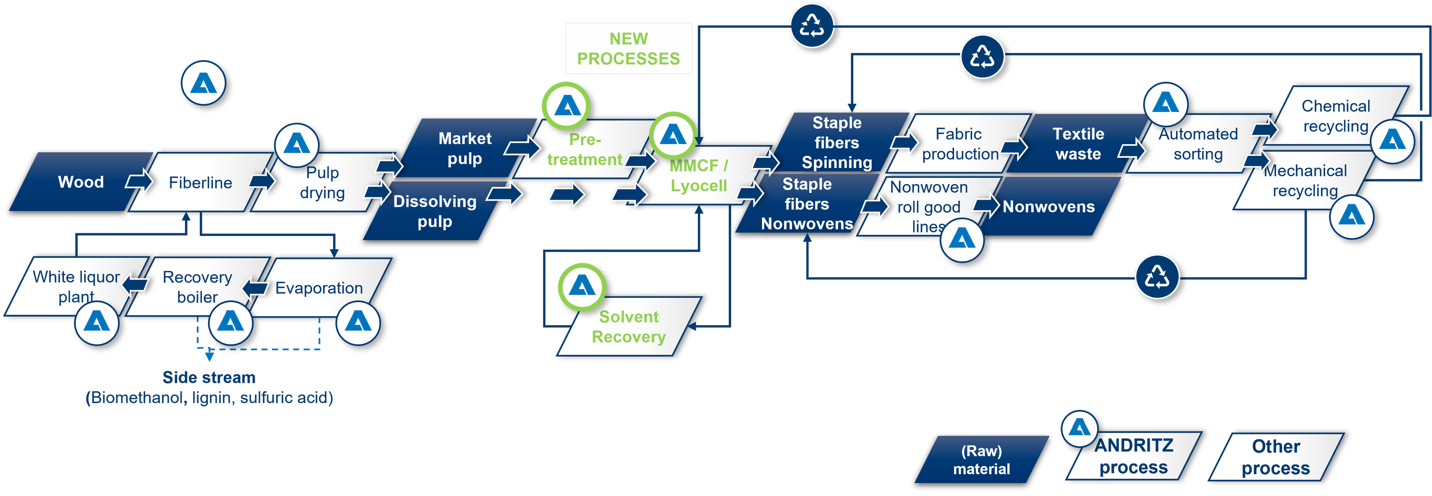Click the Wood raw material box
point(81,182)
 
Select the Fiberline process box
point(200,182)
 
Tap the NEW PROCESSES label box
point(628,48)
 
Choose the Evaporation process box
point(319,288)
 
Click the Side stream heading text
point(209,378)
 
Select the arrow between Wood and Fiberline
point(139,181)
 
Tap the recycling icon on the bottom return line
point(1157,276)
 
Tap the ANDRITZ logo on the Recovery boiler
point(230,322)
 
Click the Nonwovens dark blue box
point(1049,207)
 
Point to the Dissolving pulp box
point(435,211)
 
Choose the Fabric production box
point(959,144)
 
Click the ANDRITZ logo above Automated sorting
point(1165,104)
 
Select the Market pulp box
point(465,148)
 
